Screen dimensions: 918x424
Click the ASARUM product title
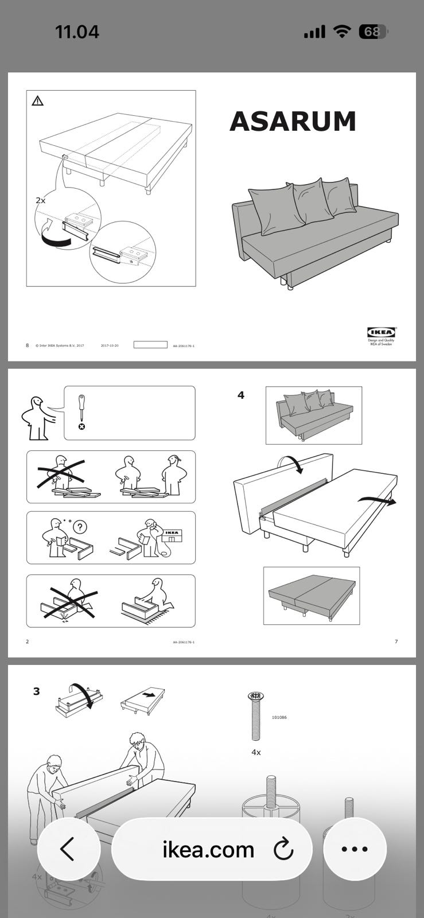point(293,122)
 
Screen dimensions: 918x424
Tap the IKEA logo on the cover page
point(381,332)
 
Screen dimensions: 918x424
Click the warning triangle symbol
point(38,102)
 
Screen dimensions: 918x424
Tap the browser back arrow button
point(68,849)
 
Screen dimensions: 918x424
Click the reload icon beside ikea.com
point(283,849)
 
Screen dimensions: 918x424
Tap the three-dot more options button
point(355,849)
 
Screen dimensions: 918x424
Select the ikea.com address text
point(208,849)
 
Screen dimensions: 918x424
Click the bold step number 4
point(241,395)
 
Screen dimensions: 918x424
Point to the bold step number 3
point(37,691)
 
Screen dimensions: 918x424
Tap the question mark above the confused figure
point(81,527)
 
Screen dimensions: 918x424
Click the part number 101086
point(279,718)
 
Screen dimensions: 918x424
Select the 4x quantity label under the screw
point(256,752)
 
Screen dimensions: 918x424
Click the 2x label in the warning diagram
point(40,200)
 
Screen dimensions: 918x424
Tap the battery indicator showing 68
point(372,32)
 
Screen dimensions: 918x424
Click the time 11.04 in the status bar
point(77,32)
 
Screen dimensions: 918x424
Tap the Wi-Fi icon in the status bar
point(343,32)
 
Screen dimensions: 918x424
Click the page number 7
point(396,641)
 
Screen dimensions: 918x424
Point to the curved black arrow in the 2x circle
point(55,238)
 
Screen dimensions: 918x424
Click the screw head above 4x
point(255,696)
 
